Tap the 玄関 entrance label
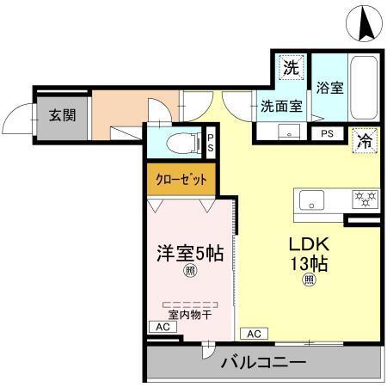click(60, 114)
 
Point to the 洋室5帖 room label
click(190, 254)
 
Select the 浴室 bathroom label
click(329, 88)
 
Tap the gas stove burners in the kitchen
click(365, 200)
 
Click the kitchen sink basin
click(312, 200)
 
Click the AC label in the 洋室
click(162, 328)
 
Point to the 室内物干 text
click(189, 315)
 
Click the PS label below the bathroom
click(327, 134)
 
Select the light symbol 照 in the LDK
click(308, 279)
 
